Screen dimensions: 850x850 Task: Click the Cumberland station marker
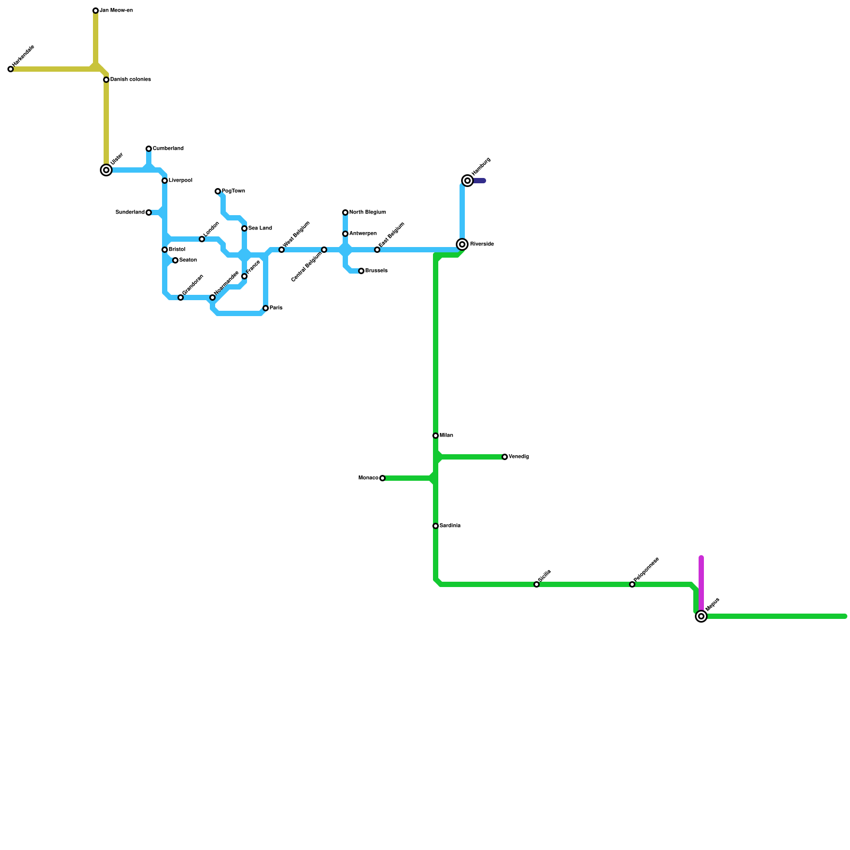click(x=149, y=149)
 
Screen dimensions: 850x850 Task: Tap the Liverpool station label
click(x=181, y=181)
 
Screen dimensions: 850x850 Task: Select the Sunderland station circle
click(x=149, y=212)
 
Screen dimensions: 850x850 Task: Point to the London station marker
click(x=202, y=239)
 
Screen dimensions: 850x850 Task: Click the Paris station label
click(x=276, y=308)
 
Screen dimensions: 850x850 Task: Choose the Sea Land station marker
click(x=244, y=228)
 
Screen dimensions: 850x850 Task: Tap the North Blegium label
click(x=368, y=212)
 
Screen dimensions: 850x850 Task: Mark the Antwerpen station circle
click(x=345, y=234)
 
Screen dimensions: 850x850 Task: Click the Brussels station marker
click(x=361, y=271)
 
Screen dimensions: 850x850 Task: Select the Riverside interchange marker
click(x=462, y=244)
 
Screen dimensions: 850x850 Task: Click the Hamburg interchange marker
click(x=467, y=181)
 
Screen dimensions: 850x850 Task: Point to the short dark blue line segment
click(x=480, y=181)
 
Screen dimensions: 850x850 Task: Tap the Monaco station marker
click(x=382, y=478)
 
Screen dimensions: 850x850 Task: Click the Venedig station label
click(x=519, y=457)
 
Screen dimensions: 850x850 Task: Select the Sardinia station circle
click(x=436, y=526)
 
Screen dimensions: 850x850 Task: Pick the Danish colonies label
click(x=131, y=80)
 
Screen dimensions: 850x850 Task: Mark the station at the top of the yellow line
click(x=96, y=11)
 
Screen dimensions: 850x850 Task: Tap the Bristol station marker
click(x=165, y=250)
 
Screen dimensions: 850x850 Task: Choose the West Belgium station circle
click(x=282, y=250)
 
